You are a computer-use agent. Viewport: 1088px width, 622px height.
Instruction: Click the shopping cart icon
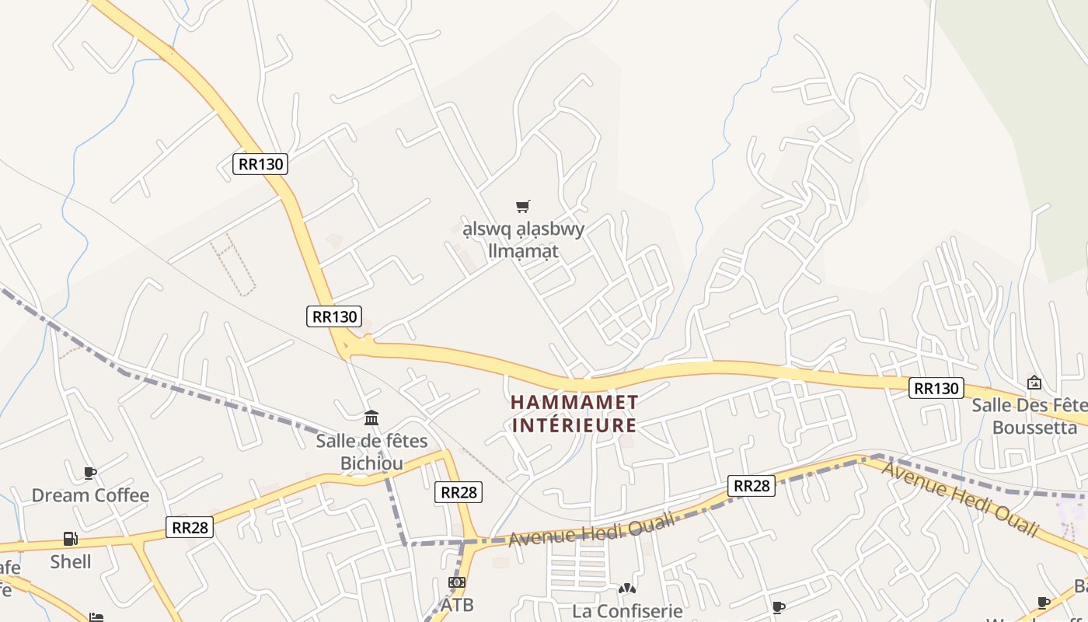523,206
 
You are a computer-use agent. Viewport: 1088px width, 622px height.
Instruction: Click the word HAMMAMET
574,403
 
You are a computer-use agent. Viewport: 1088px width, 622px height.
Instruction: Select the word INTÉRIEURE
574,425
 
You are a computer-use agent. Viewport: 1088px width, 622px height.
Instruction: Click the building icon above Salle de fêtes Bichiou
371,418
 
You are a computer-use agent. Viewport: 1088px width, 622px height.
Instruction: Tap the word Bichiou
371,463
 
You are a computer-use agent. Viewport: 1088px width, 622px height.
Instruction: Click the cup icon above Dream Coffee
90,473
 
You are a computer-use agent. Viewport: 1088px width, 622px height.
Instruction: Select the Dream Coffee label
90,495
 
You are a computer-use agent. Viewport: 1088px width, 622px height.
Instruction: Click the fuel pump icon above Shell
70,538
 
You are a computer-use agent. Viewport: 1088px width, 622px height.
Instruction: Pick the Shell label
71,561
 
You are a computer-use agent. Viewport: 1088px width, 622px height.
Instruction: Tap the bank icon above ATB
457,582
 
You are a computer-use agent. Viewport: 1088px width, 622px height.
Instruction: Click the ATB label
457,604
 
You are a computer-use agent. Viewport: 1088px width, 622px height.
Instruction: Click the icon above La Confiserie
627,589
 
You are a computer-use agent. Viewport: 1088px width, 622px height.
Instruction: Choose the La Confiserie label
627,611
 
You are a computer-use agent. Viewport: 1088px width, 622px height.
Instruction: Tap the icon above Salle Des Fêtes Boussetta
1034,383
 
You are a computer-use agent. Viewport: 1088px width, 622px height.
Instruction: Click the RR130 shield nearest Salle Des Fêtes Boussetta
936,388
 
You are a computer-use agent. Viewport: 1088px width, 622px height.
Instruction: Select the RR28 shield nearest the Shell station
189,528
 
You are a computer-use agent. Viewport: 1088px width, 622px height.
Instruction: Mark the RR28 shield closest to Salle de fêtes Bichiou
458,491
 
